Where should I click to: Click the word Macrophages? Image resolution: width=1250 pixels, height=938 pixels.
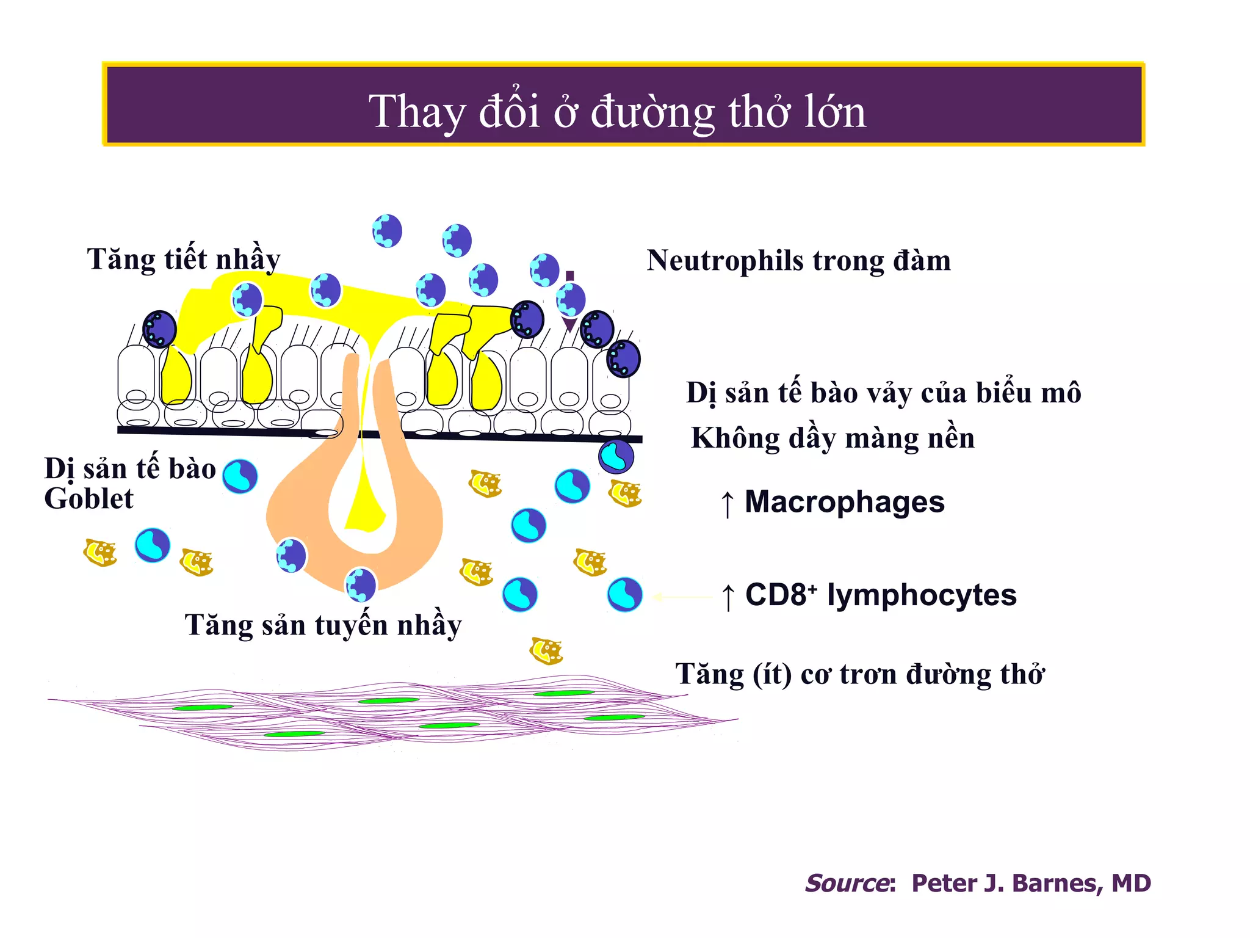click(844, 502)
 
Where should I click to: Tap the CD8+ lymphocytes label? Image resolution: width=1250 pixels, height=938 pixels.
click(880, 595)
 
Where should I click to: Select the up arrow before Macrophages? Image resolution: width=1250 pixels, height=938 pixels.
click(727, 504)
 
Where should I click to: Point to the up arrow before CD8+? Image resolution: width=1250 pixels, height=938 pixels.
click(728, 597)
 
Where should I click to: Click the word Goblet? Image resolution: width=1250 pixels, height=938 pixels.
click(89, 499)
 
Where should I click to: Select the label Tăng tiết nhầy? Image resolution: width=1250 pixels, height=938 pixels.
click(183, 259)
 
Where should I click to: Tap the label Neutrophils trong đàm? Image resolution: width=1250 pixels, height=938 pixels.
click(798, 261)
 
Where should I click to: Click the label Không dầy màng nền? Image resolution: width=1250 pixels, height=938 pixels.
click(833, 438)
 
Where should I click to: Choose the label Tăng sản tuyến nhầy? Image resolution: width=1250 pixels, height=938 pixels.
click(323, 625)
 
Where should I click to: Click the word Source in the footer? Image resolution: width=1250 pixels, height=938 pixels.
click(847, 883)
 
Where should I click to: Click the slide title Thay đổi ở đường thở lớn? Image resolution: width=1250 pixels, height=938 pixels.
click(617, 112)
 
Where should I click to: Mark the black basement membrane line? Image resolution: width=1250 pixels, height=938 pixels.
click(244, 431)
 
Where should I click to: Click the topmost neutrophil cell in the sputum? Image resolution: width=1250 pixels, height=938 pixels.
click(387, 231)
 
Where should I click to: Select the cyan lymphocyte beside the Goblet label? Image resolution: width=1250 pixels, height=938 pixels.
click(240, 476)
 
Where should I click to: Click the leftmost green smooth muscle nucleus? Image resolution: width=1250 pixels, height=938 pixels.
click(203, 708)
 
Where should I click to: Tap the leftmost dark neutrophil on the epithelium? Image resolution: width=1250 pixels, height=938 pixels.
click(159, 329)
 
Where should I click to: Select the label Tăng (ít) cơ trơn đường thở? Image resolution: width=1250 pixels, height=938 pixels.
click(859, 675)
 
